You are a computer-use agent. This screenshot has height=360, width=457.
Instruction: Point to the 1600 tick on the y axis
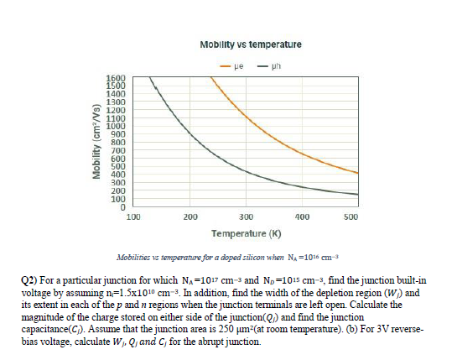tap(116, 78)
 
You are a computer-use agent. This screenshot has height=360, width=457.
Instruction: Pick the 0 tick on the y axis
tap(122, 207)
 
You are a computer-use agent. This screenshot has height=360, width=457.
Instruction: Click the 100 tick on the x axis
tap(132, 217)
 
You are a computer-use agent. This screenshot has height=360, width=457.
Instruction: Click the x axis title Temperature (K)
tap(246, 232)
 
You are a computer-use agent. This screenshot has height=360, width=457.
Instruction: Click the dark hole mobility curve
tap(252, 171)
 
